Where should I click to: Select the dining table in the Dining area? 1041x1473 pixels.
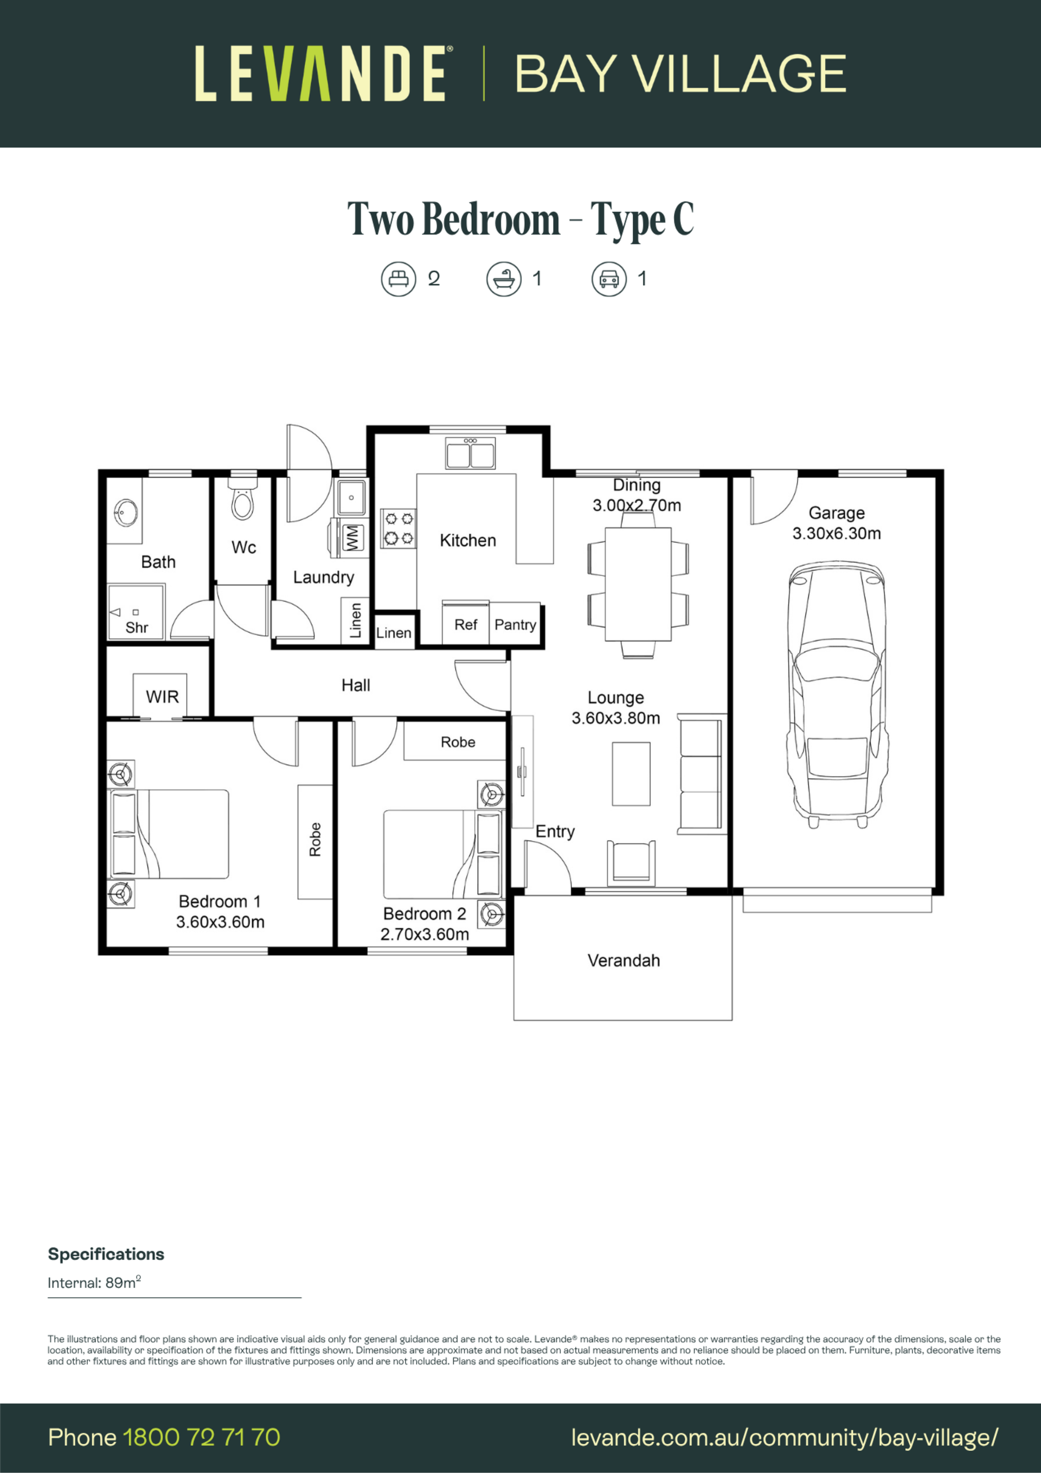click(x=638, y=583)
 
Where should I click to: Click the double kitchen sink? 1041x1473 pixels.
click(x=470, y=453)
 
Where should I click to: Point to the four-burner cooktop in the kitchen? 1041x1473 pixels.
click(x=399, y=529)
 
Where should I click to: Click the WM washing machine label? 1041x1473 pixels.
click(x=352, y=537)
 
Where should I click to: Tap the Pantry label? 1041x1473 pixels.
click(x=515, y=625)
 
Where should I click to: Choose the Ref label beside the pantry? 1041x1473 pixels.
click(x=466, y=625)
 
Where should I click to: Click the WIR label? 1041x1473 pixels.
click(x=162, y=697)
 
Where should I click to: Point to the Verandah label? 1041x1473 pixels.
click(x=624, y=960)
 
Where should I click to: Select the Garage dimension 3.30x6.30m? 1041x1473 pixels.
click(x=837, y=533)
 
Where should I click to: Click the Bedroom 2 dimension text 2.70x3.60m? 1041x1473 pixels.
click(x=425, y=934)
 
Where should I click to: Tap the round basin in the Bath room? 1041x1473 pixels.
click(x=125, y=513)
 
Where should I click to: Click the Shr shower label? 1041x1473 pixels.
click(x=137, y=627)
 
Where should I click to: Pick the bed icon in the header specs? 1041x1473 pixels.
click(x=399, y=279)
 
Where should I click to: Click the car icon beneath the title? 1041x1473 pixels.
click(x=609, y=279)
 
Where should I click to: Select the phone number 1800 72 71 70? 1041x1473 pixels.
click(x=201, y=1438)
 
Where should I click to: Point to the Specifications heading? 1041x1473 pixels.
click(x=106, y=1254)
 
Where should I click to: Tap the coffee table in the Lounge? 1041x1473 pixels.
click(x=631, y=774)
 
